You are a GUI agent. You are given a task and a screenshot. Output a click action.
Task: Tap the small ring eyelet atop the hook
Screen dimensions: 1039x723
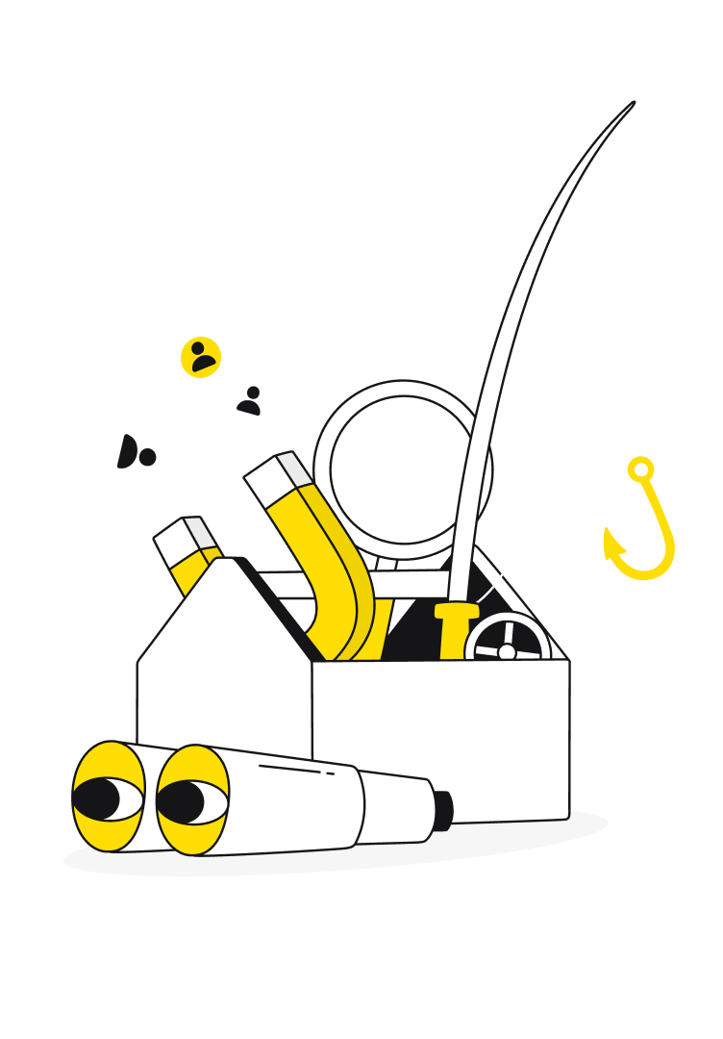click(x=639, y=470)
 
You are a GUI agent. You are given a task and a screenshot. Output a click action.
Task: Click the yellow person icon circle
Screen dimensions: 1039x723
click(x=201, y=357)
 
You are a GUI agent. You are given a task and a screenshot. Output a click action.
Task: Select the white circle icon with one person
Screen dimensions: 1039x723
click(x=250, y=400)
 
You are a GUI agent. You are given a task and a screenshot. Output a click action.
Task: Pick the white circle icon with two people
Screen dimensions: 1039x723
click(x=136, y=453)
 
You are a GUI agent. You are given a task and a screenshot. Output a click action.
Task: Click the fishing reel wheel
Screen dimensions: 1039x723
click(x=507, y=641)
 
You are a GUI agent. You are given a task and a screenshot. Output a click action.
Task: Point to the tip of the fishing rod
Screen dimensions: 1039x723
click(x=633, y=105)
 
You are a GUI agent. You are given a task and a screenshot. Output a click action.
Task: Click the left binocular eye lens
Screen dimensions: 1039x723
click(x=109, y=798)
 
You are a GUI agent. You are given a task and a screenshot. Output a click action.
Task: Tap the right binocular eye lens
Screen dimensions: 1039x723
click(x=192, y=798)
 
